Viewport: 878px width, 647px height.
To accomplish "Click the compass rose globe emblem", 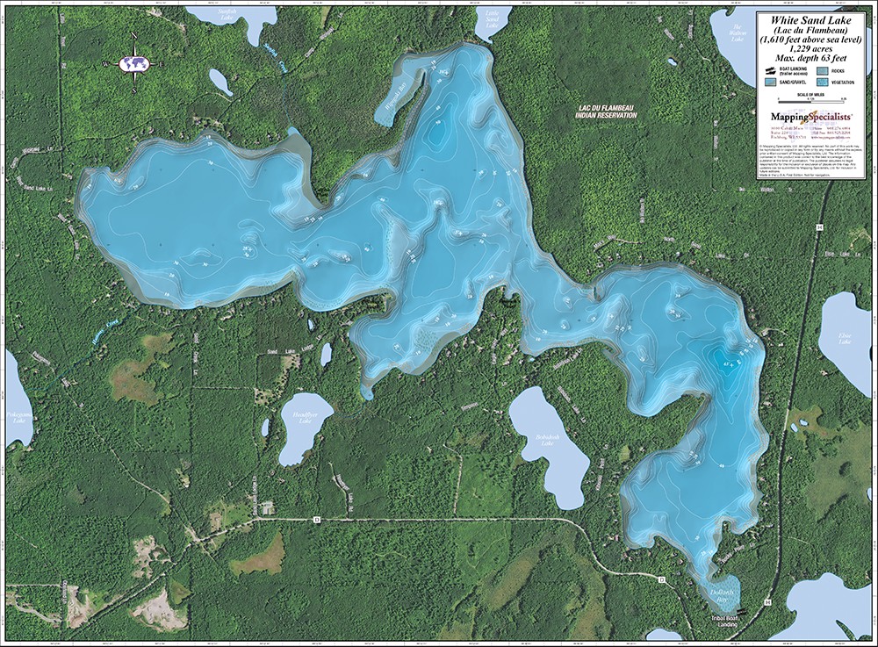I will tap(134, 63).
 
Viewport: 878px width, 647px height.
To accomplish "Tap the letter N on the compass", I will tap(134, 36).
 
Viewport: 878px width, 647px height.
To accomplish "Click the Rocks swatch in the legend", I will tap(823, 68).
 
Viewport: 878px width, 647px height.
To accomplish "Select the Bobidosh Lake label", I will tap(548, 442).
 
